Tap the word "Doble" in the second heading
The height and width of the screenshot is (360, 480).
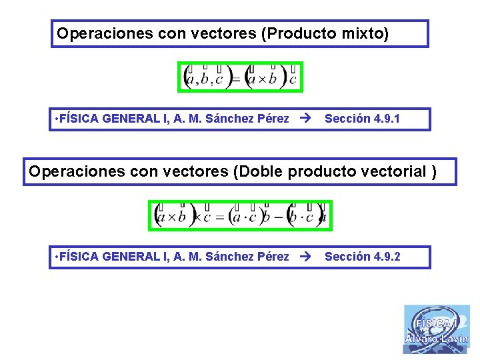(259, 171)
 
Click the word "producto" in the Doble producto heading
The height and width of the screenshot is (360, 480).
(322, 171)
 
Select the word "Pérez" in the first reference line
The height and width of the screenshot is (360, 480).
(273, 119)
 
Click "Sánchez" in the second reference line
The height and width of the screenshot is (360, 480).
(229, 257)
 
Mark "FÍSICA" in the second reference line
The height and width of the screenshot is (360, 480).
(79, 257)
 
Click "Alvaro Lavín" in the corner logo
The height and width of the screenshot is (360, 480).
(437, 339)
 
